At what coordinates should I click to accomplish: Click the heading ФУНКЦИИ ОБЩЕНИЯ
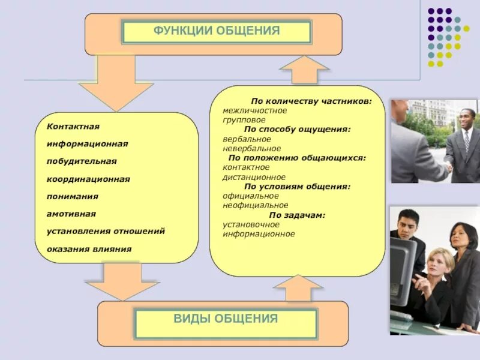217,31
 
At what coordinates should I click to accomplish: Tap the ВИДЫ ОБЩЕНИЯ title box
226,319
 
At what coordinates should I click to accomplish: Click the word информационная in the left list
88,145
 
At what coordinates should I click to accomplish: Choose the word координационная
88,179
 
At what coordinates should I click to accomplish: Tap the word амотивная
71,214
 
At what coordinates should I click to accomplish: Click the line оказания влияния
89,248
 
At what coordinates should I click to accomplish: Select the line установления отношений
106,231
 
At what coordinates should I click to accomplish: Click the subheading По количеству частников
311,101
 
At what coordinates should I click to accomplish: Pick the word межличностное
254,110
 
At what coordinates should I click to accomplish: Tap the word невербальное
251,148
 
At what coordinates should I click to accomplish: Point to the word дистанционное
254,177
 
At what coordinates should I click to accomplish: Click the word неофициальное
255,205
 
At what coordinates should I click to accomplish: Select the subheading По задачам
297,215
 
